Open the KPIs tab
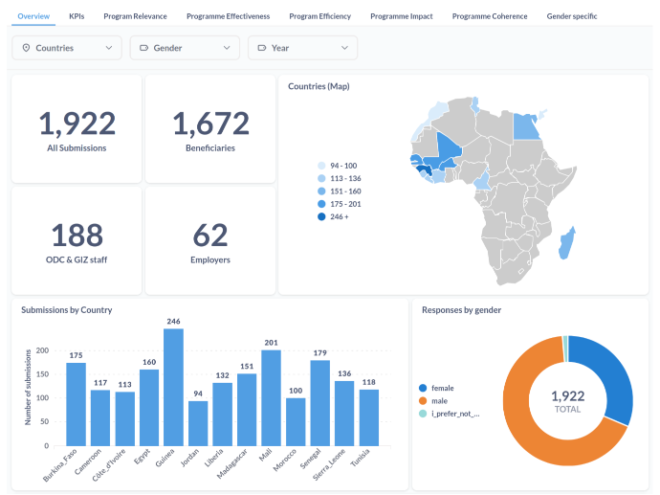[x=77, y=16]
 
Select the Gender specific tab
[x=572, y=16]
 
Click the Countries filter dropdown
[x=67, y=48]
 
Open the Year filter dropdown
[x=302, y=48]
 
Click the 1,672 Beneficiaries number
[x=210, y=124]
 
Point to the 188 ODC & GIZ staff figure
[x=77, y=236]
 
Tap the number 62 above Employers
[x=210, y=236]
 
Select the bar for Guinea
[x=173, y=387]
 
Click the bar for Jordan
[x=198, y=423]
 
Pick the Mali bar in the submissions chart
[x=271, y=397]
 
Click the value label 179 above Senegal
[x=319, y=353]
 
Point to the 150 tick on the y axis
[x=42, y=374]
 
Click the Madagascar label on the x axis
[x=231, y=463]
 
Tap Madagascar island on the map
[x=566, y=243]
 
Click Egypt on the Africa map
[x=526, y=127]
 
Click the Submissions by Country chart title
[x=67, y=310]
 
